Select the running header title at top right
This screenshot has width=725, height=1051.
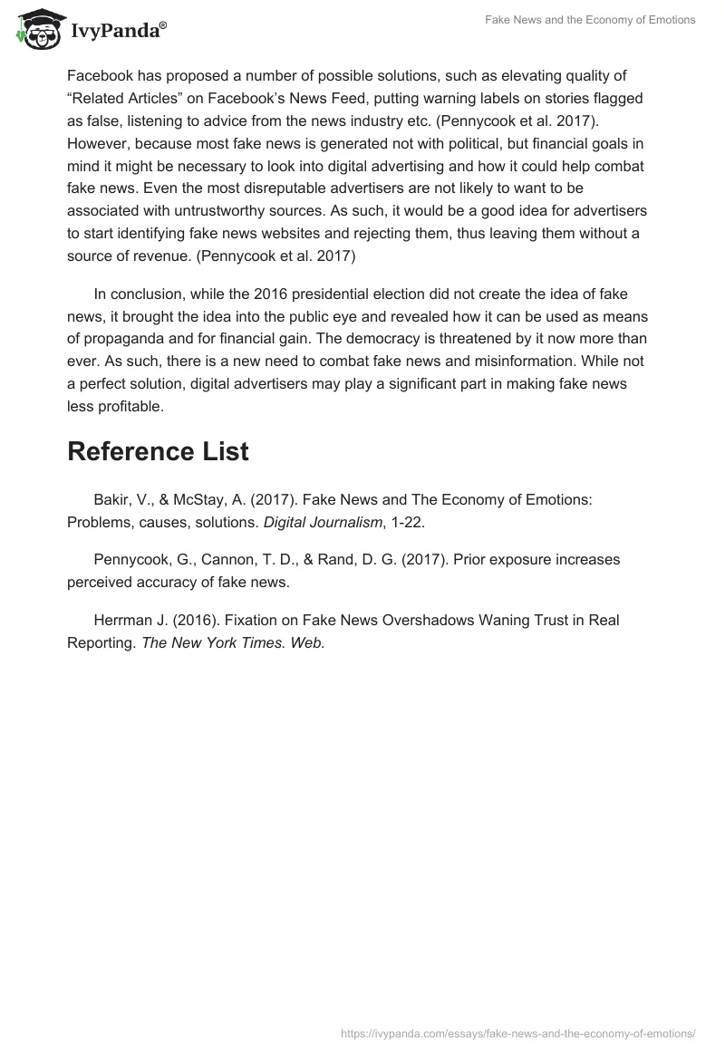[x=589, y=20]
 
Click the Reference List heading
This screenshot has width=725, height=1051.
[x=158, y=451]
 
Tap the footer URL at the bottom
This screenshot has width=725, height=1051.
[x=518, y=1032]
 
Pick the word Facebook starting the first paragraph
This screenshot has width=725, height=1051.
[x=101, y=76]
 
